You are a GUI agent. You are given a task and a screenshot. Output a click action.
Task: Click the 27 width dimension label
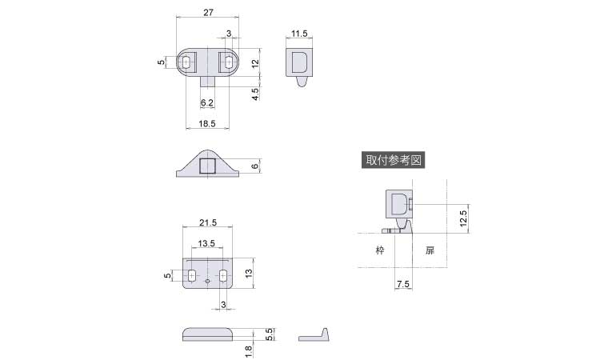point(208,13)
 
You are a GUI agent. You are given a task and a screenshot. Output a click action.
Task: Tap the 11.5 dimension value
point(299,34)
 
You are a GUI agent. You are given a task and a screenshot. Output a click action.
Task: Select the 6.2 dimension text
point(207,102)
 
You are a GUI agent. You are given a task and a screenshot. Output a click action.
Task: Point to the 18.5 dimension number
point(207,123)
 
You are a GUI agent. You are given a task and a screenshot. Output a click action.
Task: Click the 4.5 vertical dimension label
point(255,94)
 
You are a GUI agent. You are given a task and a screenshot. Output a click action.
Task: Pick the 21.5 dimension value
point(208,222)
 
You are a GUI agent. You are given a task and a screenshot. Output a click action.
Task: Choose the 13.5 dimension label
point(206,243)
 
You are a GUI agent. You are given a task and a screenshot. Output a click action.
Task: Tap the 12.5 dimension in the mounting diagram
point(463,218)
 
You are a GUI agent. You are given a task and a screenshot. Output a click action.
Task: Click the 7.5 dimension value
point(403,284)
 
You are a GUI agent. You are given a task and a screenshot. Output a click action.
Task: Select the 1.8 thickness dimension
point(248,351)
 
